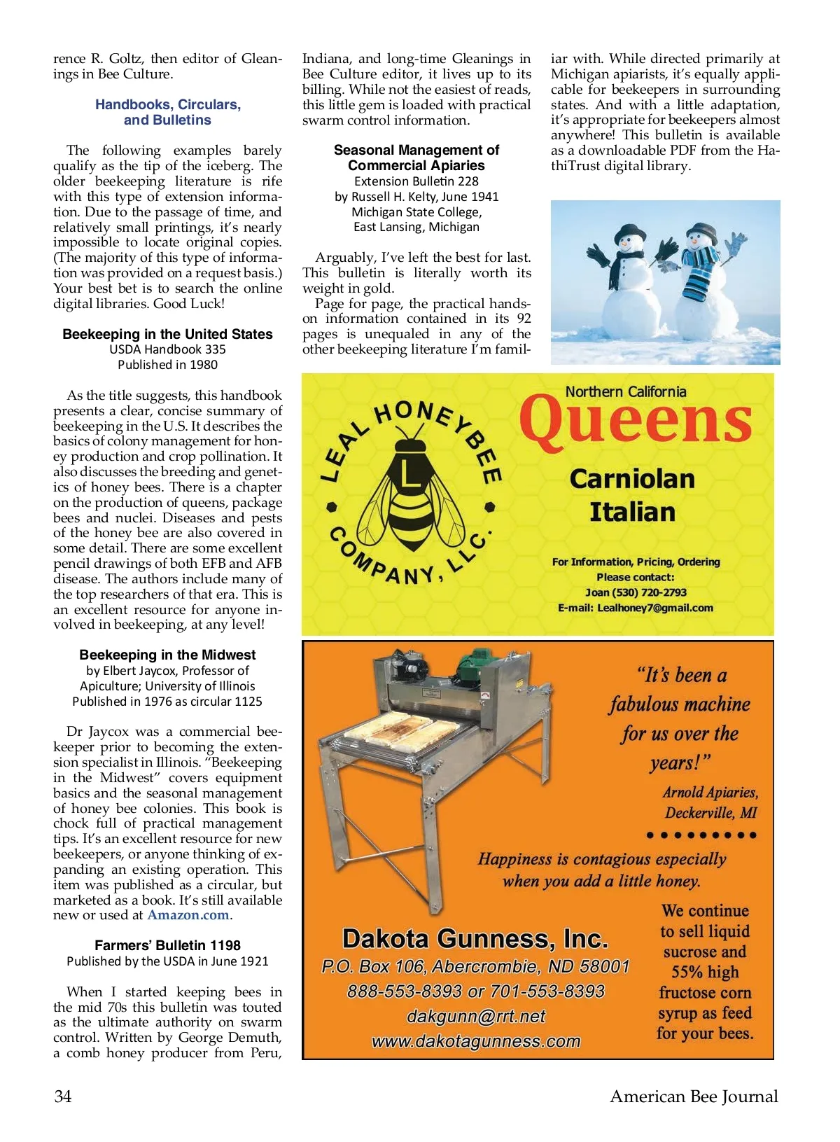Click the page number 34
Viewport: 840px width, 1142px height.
tap(63, 1096)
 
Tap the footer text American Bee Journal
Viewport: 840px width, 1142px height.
tap(693, 1096)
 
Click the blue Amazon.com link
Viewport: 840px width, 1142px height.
tap(188, 915)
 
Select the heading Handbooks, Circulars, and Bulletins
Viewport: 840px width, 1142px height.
tap(168, 112)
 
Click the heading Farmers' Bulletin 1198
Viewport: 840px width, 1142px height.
tap(167, 945)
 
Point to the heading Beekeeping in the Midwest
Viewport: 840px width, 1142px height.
tap(167, 655)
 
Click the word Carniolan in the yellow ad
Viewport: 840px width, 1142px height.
tap(632, 479)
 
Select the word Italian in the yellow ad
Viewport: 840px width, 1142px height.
tap(632, 512)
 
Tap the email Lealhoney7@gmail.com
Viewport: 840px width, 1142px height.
tap(654, 608)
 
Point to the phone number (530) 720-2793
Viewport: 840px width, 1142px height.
tap(649, 592)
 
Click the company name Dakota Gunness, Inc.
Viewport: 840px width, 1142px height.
tap(475, 938)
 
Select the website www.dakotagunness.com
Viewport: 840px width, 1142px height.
tap(476, 1041)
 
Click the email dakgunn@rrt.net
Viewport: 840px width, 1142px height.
tap(476, 1016)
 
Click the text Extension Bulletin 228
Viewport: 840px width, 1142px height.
tap(416, 181)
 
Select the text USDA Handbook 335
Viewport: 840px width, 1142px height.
tap(167, 349)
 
